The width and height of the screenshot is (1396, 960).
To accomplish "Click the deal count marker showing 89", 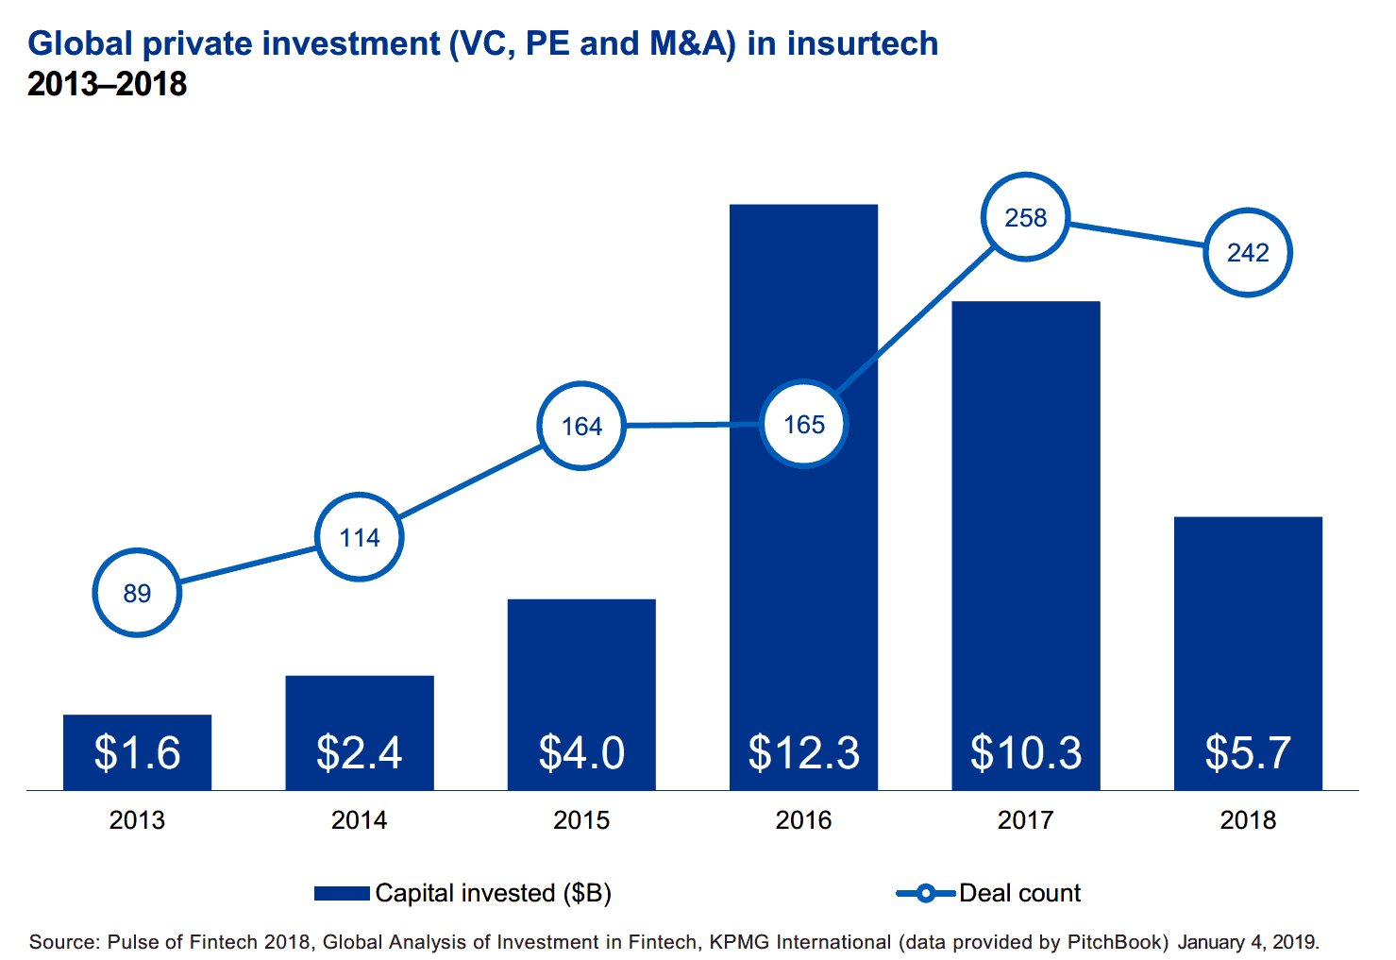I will point(137,593).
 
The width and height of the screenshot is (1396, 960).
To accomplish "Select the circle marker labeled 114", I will point(359,537).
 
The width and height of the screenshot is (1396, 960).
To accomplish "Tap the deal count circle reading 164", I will point(581,426).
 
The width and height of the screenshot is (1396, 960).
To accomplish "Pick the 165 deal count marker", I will point(804,424).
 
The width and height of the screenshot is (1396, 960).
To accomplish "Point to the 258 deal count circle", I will point(1026,218).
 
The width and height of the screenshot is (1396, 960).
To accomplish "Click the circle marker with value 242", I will point(1248,252).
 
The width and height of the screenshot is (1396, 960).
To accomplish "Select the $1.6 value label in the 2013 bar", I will point(137,752).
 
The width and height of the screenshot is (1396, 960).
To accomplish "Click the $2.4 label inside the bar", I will point(359,752).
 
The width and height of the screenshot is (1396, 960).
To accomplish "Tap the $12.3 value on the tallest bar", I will point(804,752).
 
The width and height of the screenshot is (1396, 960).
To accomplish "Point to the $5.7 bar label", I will point(1248,752).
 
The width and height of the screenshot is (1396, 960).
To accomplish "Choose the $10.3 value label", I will point(1026,752).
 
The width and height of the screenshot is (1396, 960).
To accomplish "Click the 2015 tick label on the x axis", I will point(581,819).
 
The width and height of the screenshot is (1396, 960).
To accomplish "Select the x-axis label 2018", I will point(1248,819).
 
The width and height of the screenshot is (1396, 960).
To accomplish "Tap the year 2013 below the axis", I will point(137,819).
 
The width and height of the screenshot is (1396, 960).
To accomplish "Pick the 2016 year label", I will point(804,819).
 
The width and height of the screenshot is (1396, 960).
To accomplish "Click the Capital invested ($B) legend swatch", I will point(342,893).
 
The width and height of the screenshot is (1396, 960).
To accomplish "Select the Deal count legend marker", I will point(925,893).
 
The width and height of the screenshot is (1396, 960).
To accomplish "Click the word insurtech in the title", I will point(863,43).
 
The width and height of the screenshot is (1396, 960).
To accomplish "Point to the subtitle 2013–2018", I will point(108,84).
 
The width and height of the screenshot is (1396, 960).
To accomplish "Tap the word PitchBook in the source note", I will point(1118,941).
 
